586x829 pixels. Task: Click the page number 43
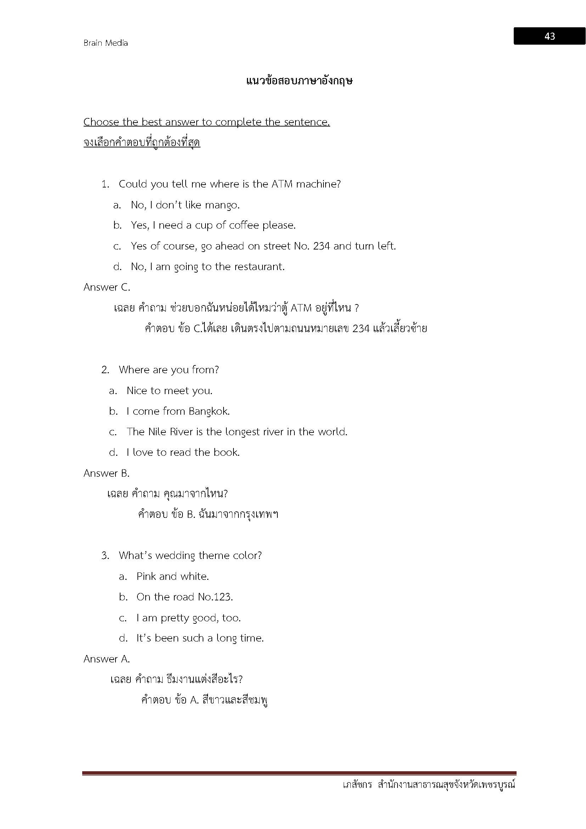point(549,36)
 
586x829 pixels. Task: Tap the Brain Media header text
point(105,43)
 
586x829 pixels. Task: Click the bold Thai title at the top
point(299,81)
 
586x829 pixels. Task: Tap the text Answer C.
point(107,287)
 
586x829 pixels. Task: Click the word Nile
point(157,432)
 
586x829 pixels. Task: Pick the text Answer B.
point(106,474)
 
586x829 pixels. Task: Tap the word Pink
point(146,576)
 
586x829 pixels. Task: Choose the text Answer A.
point(106,659)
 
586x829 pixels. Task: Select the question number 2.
point(105,370)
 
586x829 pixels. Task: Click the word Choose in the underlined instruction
point(101,122)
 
